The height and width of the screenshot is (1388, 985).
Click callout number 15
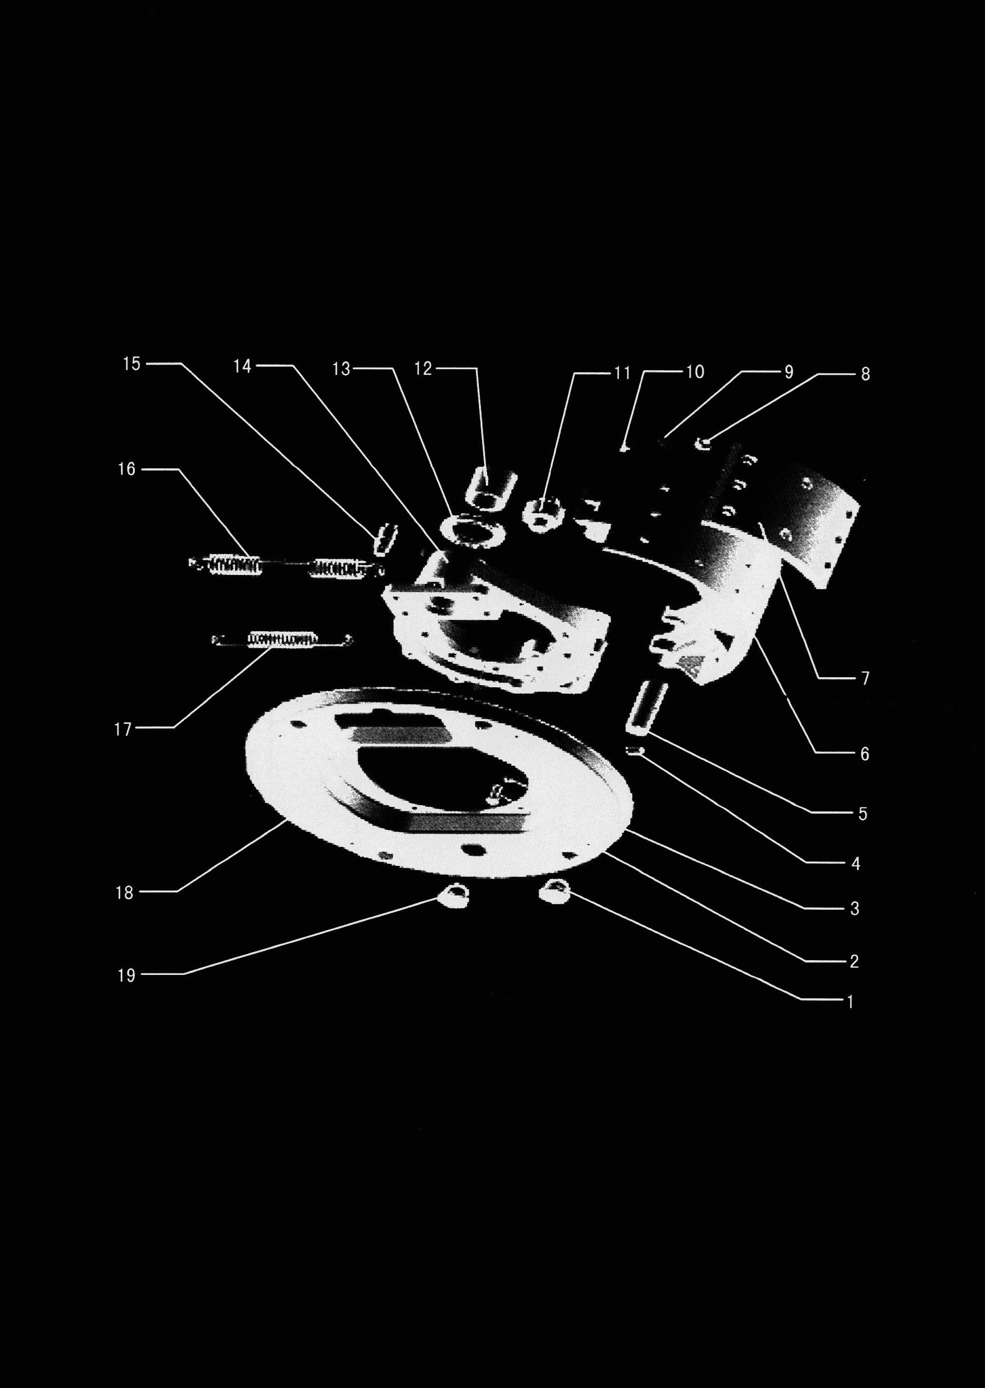pyautogui.click(x=132, y=364)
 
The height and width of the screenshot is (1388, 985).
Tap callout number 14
pyautogui.click(x=243, y=366)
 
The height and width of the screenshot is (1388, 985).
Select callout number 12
pyautogui.click(x=423, y=368)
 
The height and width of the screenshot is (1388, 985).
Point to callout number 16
pyautogui.click(x=127, y=469)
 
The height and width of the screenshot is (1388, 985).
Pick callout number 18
pyautogui.click(x=124, y=892)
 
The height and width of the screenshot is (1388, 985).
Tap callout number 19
pyautogui.click(x=126, y=975)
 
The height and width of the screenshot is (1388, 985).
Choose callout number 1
pyautogui.click(x=850, y=1002)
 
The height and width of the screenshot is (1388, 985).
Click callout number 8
pyautogui.click(x=865, y=374)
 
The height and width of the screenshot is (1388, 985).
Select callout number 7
pyautogui.click(x=865, y=678)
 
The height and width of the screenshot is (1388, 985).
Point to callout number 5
pyautogui.click(x=863, y=814)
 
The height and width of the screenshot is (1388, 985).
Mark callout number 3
pyautogui.click(x=855, y=908)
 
